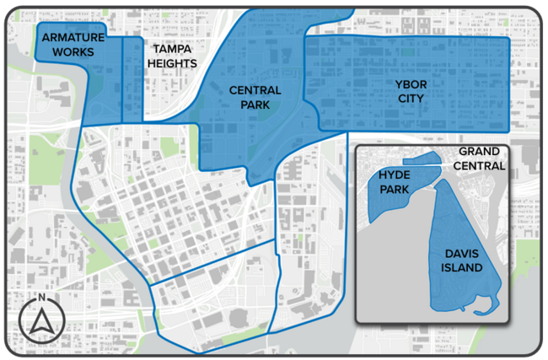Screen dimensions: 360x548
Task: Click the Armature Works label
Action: pos(73,45)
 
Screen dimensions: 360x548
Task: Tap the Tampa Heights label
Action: pos(172,56)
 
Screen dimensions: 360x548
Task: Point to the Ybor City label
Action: pos(408,91)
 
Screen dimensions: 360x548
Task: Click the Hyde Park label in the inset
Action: pos(393,181)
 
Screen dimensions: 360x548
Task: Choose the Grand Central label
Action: pos(481,159)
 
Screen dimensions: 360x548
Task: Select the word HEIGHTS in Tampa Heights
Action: pos(172,63)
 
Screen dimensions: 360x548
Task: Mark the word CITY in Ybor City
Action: pos(408,99)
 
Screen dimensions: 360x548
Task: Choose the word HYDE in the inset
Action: pos(393,174)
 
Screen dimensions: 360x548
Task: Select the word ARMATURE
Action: pos(73,38)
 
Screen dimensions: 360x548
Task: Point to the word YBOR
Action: pos(408,83)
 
